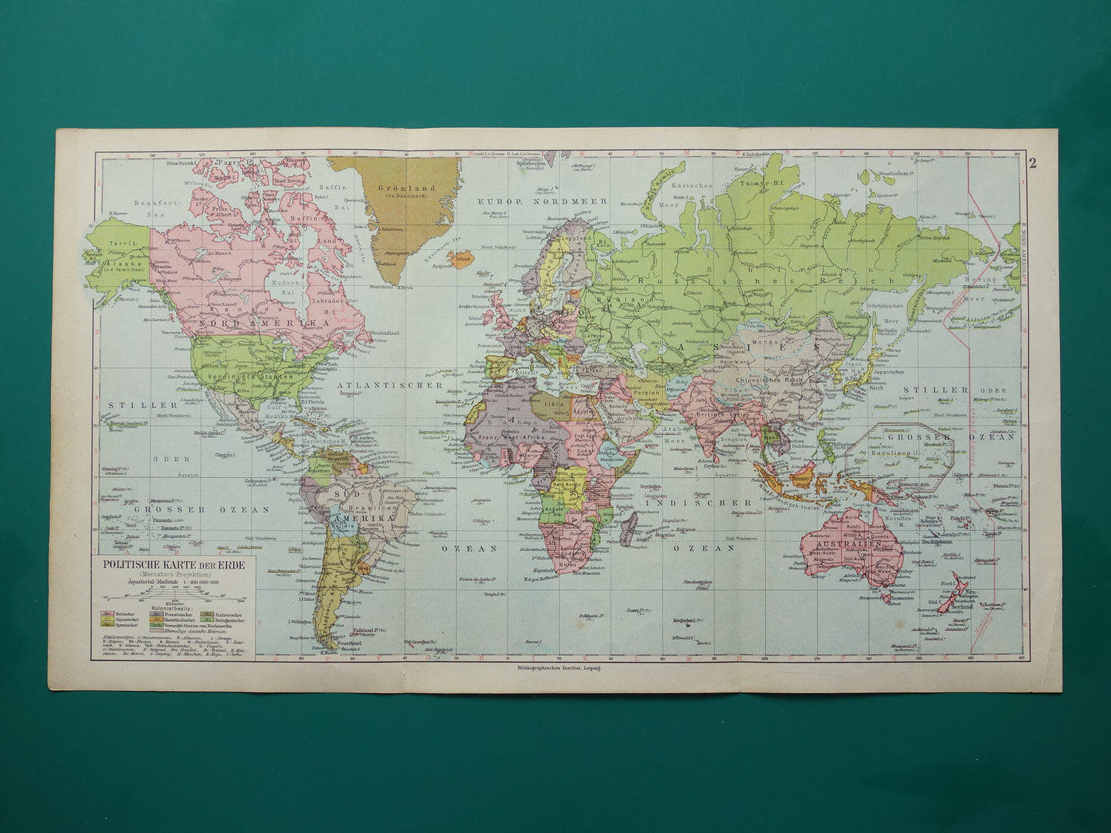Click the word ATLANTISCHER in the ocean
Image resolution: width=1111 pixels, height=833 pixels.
point(390,384)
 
